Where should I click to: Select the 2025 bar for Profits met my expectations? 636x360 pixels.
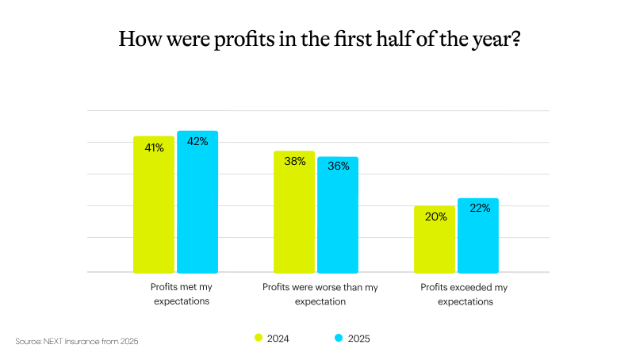click(197, 202)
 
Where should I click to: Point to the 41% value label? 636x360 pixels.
click(154, 147)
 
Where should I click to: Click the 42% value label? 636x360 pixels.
click(197, 142)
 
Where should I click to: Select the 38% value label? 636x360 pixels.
click(295, 162)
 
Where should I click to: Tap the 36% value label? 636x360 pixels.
click(339, 167)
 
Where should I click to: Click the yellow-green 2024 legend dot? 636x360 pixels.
click(259, 338)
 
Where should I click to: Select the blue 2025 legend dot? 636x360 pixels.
click(339, 338)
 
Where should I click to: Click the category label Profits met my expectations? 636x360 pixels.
click(182, 294)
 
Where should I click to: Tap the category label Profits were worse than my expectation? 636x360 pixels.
click(320, 294)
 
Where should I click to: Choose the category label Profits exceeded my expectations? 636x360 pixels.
click(462, 294)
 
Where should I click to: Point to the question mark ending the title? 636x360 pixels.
click(515, 38)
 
